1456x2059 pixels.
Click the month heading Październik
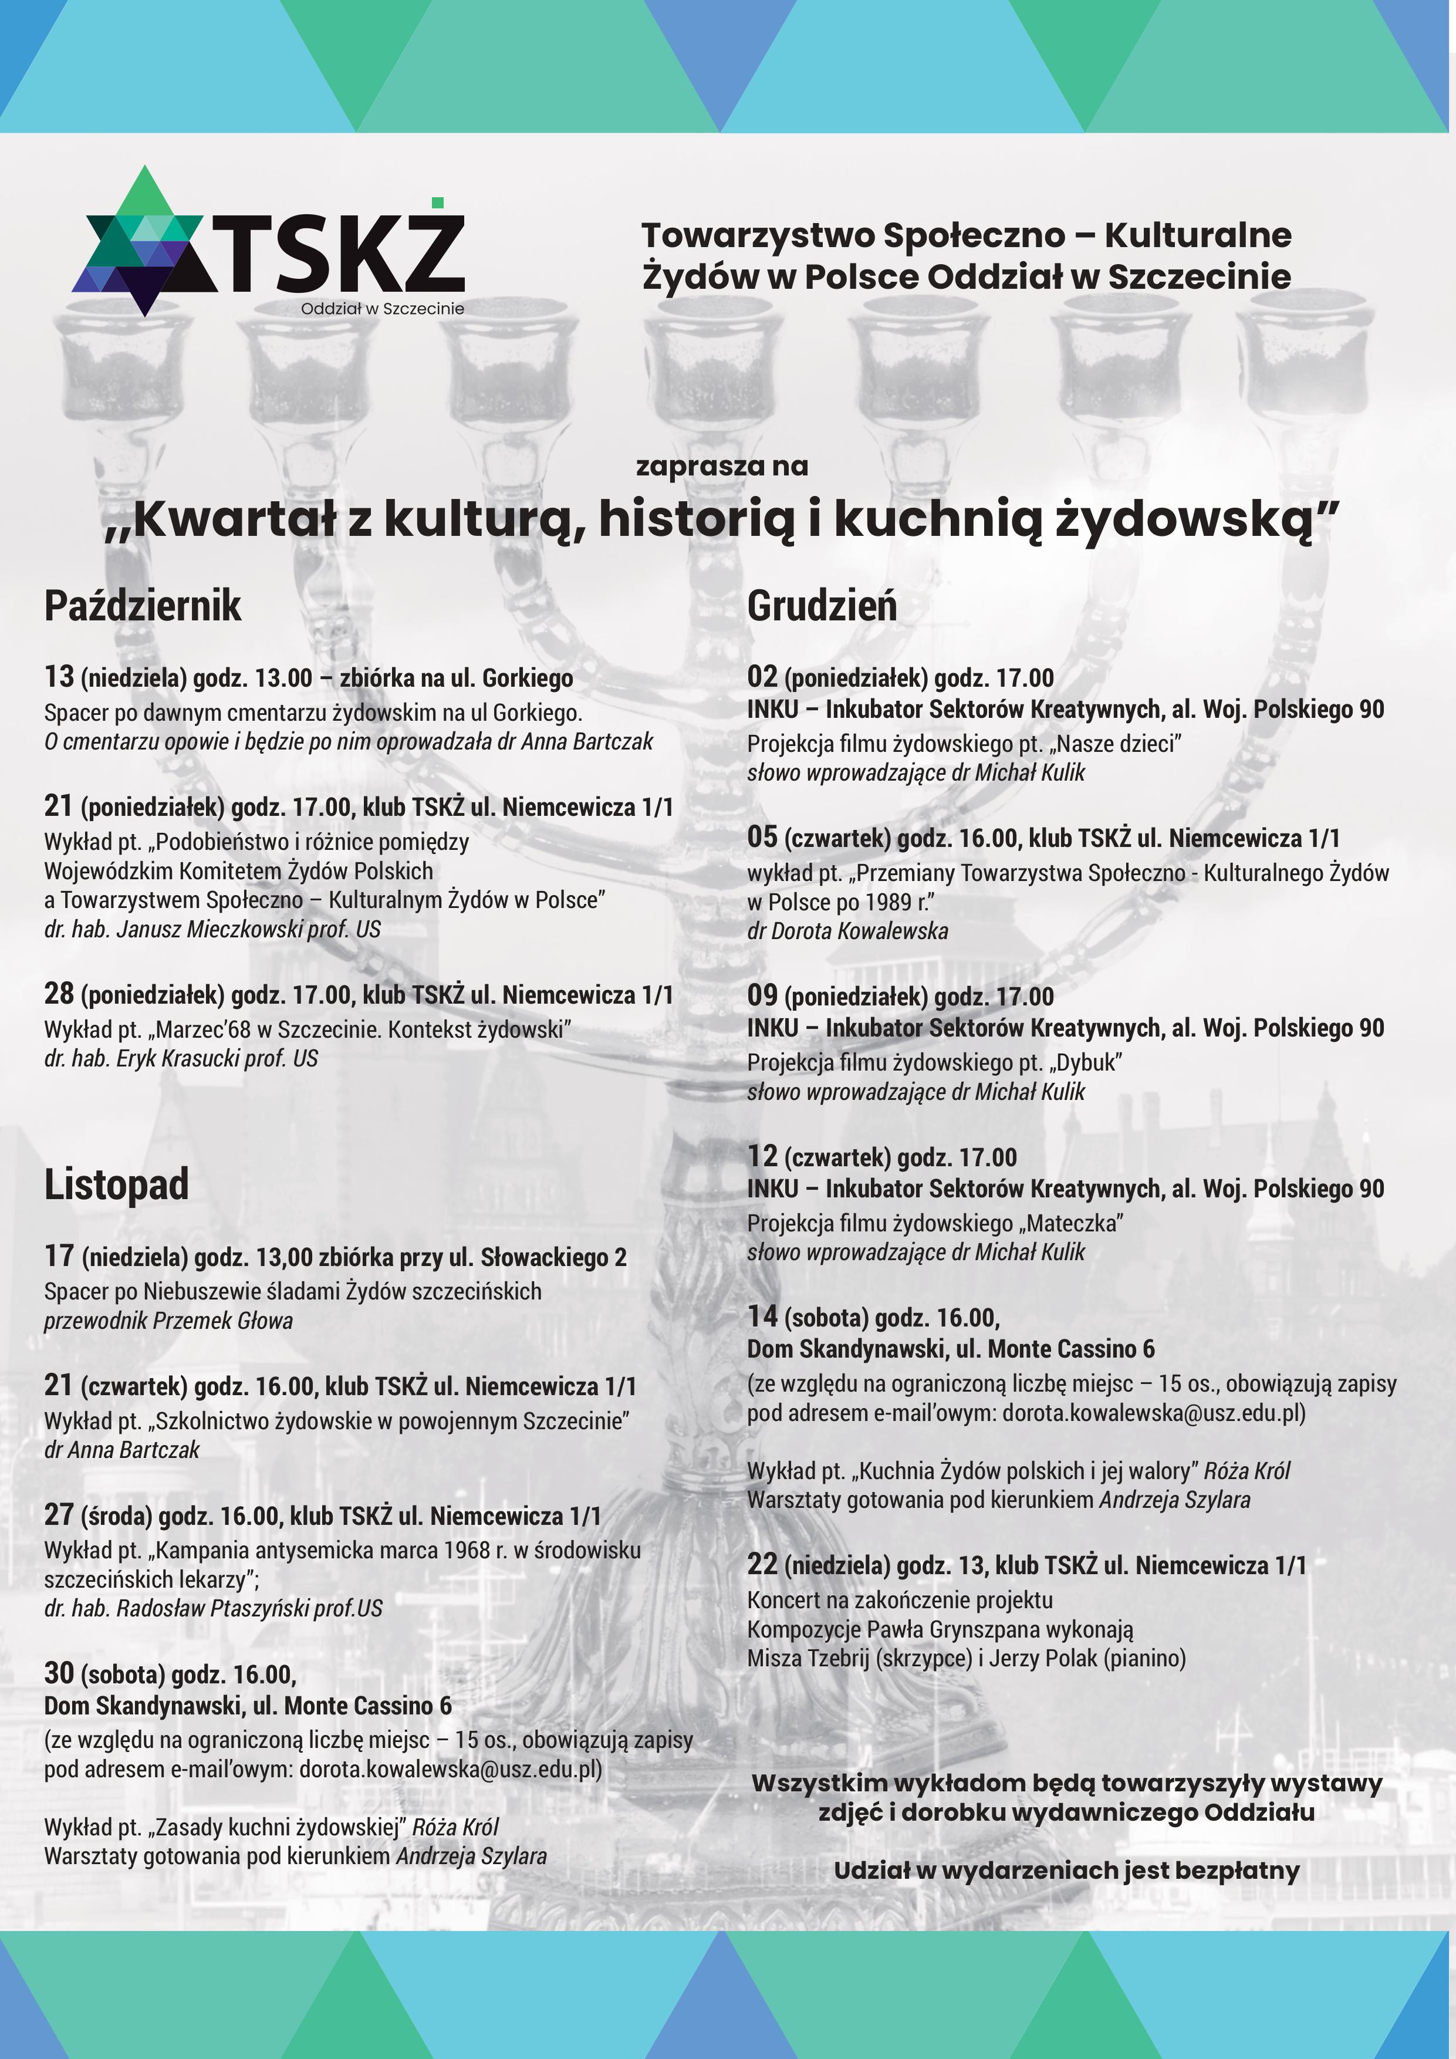tap(143, 606)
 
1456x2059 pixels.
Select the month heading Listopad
tap(117, 1184)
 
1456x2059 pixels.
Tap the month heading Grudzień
tap(821, 606)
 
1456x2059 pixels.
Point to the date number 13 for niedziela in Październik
tap(59, 676)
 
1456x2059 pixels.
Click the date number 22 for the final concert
tap(762, 1564)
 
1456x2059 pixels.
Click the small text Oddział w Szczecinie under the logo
tap(382, 309)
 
